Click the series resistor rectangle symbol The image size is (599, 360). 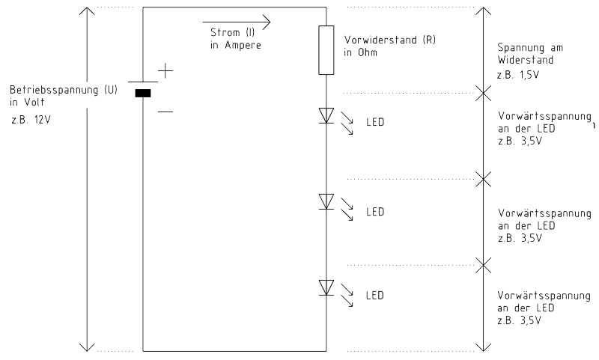pos(326,50)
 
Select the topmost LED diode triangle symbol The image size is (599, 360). pos(326,116)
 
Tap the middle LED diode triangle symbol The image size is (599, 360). pos(326,201)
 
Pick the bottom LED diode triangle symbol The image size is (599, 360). pos(326,287)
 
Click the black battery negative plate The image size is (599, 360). pos(143,93)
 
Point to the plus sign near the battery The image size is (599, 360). pos(165,70)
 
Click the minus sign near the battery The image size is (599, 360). pos(165,112)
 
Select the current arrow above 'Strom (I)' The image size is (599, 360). pos(237,22)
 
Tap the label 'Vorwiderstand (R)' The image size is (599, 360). pos(390,40)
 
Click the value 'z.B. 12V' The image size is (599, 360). pos(31,120)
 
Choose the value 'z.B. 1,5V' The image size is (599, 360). pos(518,75)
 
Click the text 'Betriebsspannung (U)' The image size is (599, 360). pos(64,90)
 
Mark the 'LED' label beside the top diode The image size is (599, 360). pos(375,122)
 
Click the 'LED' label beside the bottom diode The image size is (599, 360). pos(375,296)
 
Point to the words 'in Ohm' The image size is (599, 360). pos(360,52)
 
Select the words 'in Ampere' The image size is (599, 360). pos(236,45)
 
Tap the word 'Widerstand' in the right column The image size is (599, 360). pos(526,60)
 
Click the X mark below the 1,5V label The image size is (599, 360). pos(484,93)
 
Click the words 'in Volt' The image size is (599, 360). pos(27,103)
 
